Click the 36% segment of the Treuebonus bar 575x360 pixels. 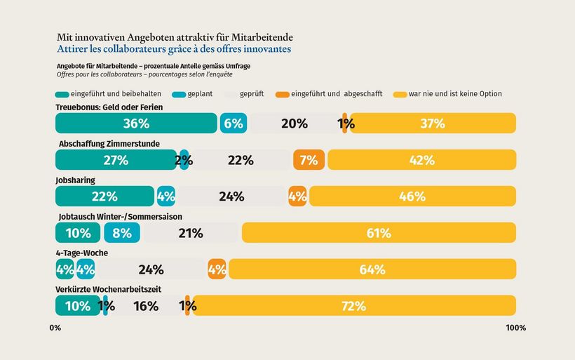pyautogui.click(x=136, y=124)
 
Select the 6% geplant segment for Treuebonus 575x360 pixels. pyautogui.click(x=233, y=124)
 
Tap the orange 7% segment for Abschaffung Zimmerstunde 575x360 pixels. pyautogui.click(x=309, y=160)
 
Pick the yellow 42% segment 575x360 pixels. pyautogui.click(x=421, y=160)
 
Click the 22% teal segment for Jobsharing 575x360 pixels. pyautogui.click(x=104, y=196)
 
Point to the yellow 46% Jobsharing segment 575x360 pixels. pyautogui.click(x=412, y=196)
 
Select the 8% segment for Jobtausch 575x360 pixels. pyautogui.click(x=122, y=233)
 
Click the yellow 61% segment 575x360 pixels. pyautogui.click(x=379, y=233)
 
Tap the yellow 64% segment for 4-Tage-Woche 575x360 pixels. pyautogui.click(x=372, y=269)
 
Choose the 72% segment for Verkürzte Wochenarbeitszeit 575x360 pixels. pyautogui.click(x=354, y=306)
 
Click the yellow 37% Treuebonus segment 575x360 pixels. pyautogui.click(x=433, y=124)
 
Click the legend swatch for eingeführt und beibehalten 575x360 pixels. pyautogui.click(x=62, y=94)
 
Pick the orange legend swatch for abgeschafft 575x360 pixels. pyautogui.click(x=282, y=94)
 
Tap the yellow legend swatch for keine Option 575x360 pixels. pyautogui.click(x=400, y=94)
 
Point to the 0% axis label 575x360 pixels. pyautogui.click(x=55, y=328)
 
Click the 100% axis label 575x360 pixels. pyautogui.click(x=515, y=328)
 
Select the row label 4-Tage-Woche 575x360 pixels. pyautogui.click(x=81, y=253)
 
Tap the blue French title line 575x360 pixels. pyautogui.click(x=173, y=50)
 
